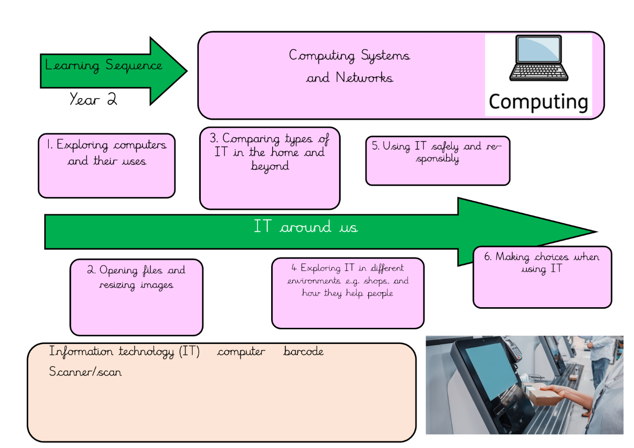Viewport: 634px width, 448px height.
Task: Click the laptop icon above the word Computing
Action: (538, 59)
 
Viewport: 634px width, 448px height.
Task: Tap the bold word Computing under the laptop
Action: (538, 102)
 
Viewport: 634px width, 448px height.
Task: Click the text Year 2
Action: (93, 99)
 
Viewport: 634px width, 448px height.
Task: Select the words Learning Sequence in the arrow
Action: (104, 65)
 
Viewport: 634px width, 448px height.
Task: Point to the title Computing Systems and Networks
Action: (350, 66)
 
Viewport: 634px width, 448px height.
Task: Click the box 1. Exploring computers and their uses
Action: (107, 165)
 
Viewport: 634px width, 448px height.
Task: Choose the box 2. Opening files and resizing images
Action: (136, 297)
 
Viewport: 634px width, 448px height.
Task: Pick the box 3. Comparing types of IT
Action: (270, 168)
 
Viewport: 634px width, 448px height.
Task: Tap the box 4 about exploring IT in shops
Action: (348, 293)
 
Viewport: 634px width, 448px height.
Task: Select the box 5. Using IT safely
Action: (438, 160)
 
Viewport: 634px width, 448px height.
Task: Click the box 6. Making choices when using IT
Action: (542, 277)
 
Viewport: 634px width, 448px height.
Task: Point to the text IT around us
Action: (305, 227)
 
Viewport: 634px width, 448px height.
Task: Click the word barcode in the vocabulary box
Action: (303, 351)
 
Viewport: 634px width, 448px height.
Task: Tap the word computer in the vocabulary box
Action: (241, 351)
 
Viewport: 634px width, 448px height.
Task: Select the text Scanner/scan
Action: (86, 372)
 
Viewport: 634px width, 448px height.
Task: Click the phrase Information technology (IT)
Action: (124, 351)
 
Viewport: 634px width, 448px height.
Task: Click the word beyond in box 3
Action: (270, 166)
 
